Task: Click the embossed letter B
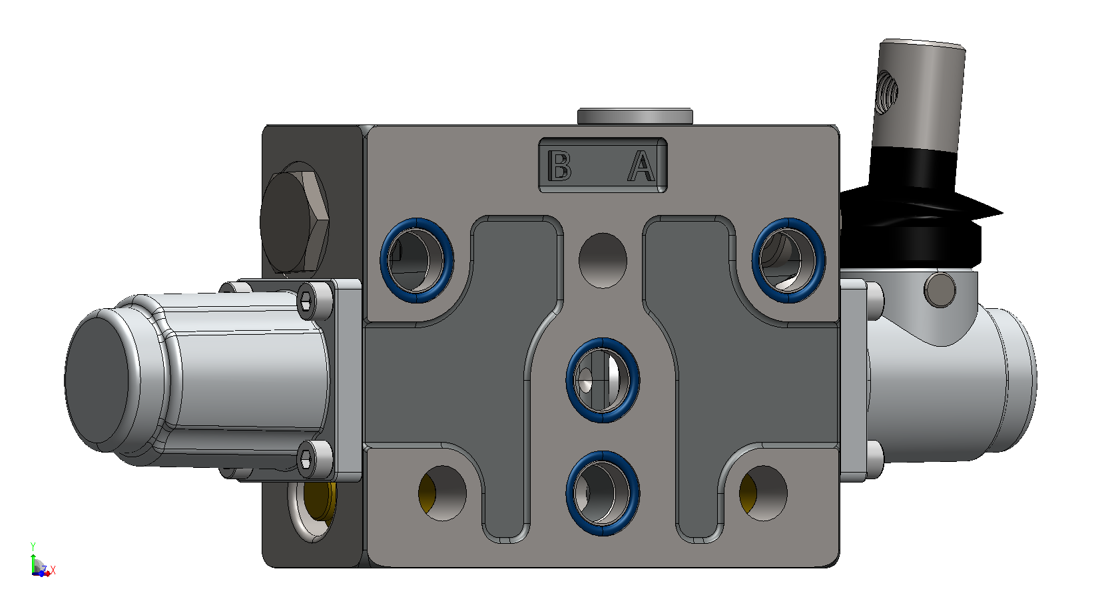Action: [559, 165]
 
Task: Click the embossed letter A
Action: [641, 165]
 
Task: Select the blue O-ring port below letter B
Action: [417, 260]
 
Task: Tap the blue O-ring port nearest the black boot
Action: [788, 260]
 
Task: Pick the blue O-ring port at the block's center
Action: [603, 380]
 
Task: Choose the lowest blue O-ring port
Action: [603, 493]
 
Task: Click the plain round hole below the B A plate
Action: [603, 260]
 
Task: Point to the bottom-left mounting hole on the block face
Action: [442, 493]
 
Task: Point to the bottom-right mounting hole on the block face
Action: [763, 493]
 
